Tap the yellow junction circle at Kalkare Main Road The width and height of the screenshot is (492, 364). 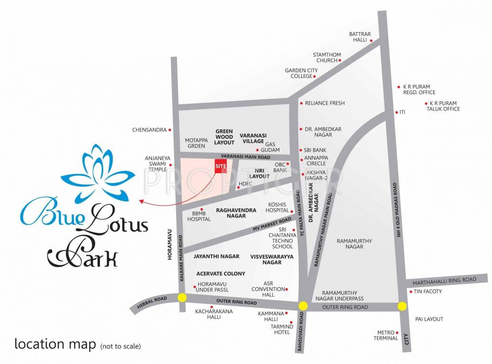tap(182, 298)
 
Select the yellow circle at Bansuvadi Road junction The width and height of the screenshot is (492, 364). tap(303, 306)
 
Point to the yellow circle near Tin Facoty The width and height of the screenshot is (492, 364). tap(402, 306)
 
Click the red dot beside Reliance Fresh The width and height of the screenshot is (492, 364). tap(301, 103)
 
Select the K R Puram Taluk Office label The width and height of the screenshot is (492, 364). tap(443, 106)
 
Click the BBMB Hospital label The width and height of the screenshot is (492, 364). tap(198, 217)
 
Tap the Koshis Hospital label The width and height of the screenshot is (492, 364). tap(277, 207)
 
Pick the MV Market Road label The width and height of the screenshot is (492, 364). tap(272, 225)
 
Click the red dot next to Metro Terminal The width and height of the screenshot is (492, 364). tap(397, 333)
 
